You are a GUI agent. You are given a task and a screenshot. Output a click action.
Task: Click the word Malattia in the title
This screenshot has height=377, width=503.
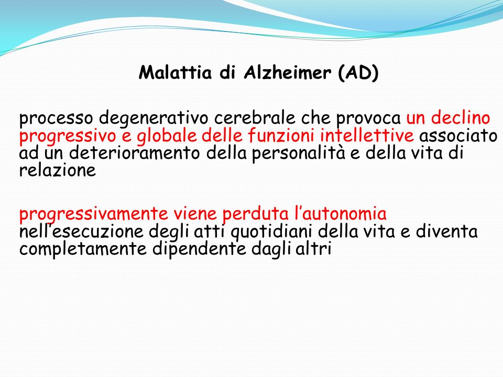pyautogui.click(x=175, y=72)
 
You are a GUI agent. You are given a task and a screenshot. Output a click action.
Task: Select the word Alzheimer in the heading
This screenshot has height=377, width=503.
pyautogui.click(x=287, y=72)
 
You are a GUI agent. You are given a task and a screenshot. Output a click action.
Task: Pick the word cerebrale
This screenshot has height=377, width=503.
pyautogui.click(x=255, y=118)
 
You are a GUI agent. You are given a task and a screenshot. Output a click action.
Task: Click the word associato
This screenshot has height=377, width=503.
pyautogui.click(x=458, y=135)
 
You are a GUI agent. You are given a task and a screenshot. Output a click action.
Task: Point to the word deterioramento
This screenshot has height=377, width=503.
pyautogui.click(x=135, y=152)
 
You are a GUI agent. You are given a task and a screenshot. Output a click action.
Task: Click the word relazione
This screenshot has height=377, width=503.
pyautogui.click(x=58, y=170)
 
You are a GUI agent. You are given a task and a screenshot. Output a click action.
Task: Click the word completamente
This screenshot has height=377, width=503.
pyautogui.click(x=83, y=249)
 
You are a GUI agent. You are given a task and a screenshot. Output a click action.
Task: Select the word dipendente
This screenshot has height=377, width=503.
pyautogui.click(x=199, y=249)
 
